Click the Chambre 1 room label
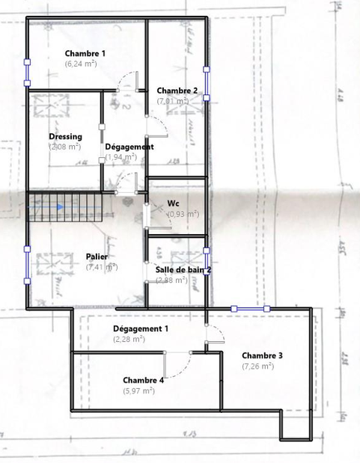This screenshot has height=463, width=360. (85, 53)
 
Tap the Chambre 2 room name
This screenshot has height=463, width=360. (177, 91)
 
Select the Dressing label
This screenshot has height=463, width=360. (65, 136)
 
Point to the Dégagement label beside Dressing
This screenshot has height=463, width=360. (129, 147)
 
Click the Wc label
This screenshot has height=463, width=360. (173, 203)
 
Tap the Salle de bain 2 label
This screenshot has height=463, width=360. (183, 269)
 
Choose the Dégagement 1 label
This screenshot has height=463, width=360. (141, 328)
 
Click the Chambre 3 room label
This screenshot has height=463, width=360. (262, 355)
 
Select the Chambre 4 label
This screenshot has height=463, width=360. (143, 379)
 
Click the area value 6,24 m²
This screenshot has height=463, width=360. (81, 64)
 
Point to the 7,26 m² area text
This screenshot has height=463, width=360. (258, 367)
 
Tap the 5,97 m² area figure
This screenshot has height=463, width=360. (138, 390)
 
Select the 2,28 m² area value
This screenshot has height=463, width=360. (129, 340)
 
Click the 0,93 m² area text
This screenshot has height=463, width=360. (183, 214)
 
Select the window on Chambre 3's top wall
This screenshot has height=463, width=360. (250, 307)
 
